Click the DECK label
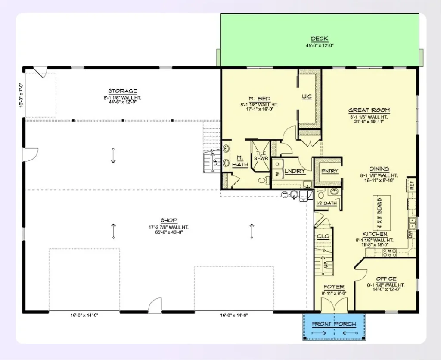320,39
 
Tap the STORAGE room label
123,91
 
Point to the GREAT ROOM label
369,110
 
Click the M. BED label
259,99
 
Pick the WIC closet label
306,97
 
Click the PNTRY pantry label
330,171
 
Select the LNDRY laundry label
295,171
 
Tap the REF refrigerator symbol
412,185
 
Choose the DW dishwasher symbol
410,234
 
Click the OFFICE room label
386,279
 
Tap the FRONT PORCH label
334,324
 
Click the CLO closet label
323,236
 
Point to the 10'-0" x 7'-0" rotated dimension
20,94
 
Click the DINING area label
379,169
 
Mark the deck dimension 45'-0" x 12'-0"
320,45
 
